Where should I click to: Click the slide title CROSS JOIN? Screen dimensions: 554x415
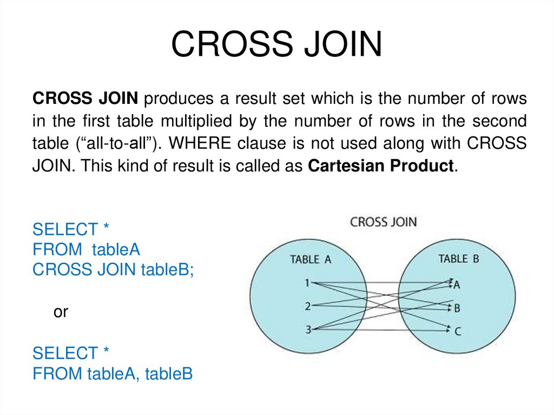click(276, 44)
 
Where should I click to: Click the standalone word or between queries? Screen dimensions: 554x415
click(61, 312)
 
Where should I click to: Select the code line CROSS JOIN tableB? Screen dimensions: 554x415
click(113, 270)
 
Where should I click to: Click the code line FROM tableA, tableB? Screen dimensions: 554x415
click(113, 374)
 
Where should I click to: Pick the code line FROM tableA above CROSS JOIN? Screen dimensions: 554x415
click(87, 249)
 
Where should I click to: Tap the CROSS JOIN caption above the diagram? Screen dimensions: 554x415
click(384, 222)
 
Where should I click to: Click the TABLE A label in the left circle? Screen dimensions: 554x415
click(311, 259)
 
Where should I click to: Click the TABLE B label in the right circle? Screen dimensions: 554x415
click(459, 259)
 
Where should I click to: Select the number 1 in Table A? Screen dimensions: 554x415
click(307, 282)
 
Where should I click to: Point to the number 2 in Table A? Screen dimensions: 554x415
click(307, 306)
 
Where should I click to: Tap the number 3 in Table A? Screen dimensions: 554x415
click(307, 329)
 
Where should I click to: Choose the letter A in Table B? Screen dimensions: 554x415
click(457, 285)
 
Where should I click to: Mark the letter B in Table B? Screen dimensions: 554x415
click(457, 308)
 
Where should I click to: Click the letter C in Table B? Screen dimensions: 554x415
click(458, 331)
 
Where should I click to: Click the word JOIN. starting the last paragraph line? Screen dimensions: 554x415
click(53, 166)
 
